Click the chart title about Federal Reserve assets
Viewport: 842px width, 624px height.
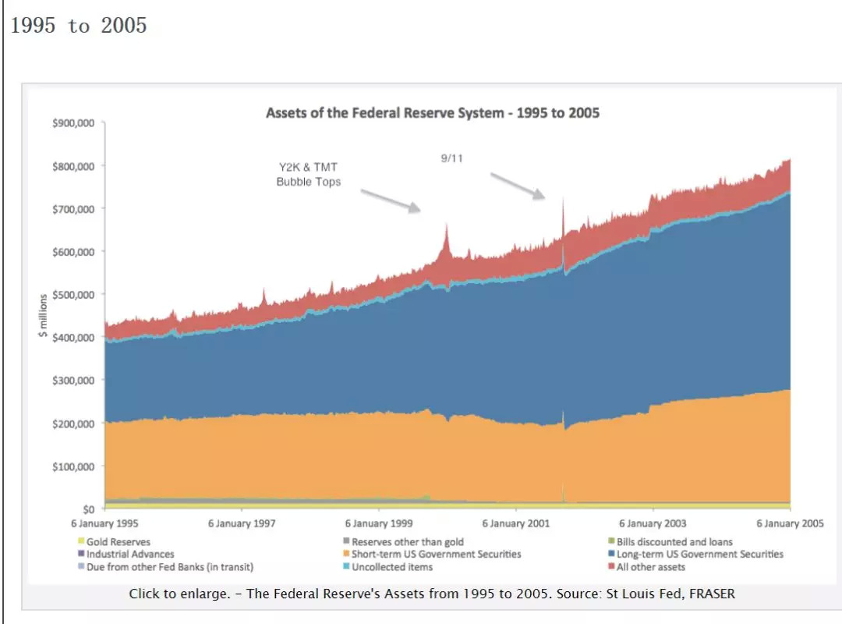[433, 113]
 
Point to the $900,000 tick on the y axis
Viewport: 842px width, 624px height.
[73, 123]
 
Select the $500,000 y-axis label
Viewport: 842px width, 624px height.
[73, 295]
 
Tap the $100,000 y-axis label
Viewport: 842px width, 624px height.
[73, 466]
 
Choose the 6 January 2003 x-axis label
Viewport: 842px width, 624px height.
[653, 524]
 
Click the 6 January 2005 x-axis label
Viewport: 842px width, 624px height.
[790, 524]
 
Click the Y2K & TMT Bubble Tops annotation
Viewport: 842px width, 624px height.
[309, 175]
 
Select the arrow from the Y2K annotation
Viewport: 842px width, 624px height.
[390, 199]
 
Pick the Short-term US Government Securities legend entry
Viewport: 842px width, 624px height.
[436, 555]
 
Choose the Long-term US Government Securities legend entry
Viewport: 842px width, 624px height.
[699, 555]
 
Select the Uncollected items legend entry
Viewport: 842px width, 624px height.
[391, 567]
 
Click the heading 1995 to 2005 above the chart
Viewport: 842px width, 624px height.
[79, 26]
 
